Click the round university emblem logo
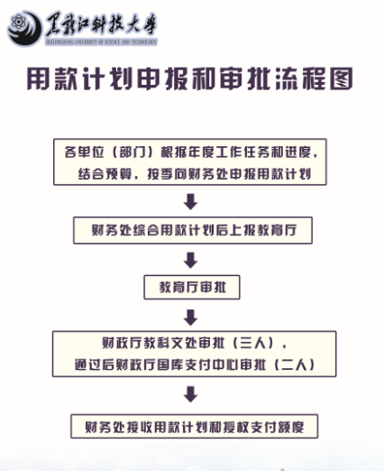pos(25,28)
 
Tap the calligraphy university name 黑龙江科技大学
pos(101,24)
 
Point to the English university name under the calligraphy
pos(101,42)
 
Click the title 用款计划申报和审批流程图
pos(190,78)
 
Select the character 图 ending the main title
pos(342,78)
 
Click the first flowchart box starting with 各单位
pos(190,162)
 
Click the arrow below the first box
pos(190,201)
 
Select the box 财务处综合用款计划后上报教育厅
pos(193,230)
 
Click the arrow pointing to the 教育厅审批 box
pos(190,260)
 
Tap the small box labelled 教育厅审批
pos(192,287)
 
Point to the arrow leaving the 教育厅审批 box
pos(190,318)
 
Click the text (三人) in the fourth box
pos(253,343)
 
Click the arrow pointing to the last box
pos(190,394)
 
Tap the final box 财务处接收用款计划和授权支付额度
pos(195,427)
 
